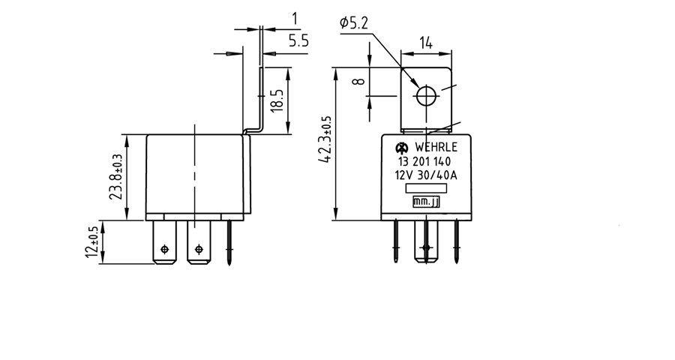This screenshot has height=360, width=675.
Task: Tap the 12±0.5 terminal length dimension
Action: (x=92, y=242)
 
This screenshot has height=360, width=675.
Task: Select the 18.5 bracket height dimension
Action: (x=277, y=100)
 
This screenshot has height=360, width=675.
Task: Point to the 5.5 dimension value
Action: (x=298, y=41)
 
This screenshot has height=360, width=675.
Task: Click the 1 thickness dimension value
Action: (x=295, y=19)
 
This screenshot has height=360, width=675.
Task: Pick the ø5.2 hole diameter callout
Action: (x=354, y=22)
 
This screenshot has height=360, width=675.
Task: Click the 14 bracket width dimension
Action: (x=425, y=44)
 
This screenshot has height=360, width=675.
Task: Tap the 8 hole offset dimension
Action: (x=360, y=81)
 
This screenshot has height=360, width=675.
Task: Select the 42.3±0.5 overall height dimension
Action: (x=326, y=139)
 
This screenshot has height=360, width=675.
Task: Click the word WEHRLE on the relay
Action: (x=436, y=147)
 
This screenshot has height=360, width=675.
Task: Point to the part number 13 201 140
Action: (x=424, y=162)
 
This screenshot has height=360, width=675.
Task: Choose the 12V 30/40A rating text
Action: (x=426, y=175)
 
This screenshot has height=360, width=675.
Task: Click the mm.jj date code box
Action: (x=426, y=202)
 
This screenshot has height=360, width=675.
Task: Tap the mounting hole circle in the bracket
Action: (x=426, y=95)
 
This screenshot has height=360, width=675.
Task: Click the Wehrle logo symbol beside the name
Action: (x=400, y=148)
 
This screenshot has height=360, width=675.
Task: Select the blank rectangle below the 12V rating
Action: (x=426, y=188)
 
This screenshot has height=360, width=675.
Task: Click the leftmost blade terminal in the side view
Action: (x=164, y=242)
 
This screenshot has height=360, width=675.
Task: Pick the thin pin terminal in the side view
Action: (x=229, y=242)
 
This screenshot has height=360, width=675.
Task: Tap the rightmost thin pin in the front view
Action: (x=456, y=241)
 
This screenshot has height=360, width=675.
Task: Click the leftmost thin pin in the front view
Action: (x=396, y=241)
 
